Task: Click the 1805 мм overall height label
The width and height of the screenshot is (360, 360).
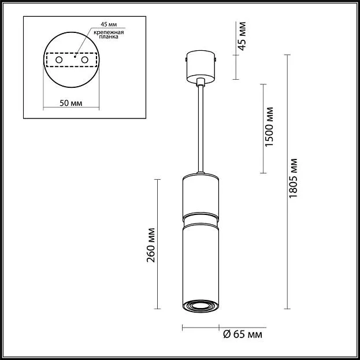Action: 293,178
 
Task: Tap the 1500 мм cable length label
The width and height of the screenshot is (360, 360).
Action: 269,127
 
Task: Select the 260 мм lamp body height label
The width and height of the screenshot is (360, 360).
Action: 151,245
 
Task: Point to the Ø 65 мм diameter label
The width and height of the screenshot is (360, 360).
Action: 243,335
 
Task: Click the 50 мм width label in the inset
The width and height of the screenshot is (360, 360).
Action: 70,103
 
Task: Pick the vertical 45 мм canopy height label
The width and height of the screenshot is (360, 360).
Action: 242,36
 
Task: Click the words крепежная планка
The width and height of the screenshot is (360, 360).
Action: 109,35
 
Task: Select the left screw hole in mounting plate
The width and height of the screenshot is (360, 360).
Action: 59,60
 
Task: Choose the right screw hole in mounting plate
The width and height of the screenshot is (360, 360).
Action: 85,60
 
